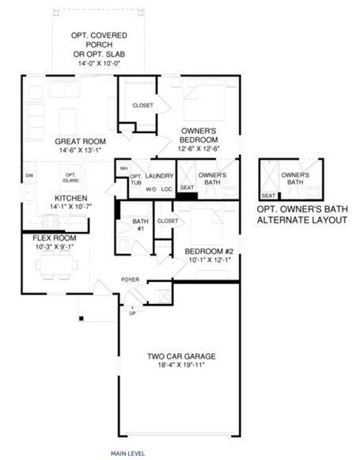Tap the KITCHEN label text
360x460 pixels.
70,198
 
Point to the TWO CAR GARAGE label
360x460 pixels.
181,355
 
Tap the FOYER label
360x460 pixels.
130,279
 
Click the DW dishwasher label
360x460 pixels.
28,176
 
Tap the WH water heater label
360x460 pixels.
123,169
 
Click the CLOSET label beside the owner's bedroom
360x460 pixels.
142,105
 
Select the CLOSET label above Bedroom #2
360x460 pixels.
168,221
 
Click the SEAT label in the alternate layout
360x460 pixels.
267,195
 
